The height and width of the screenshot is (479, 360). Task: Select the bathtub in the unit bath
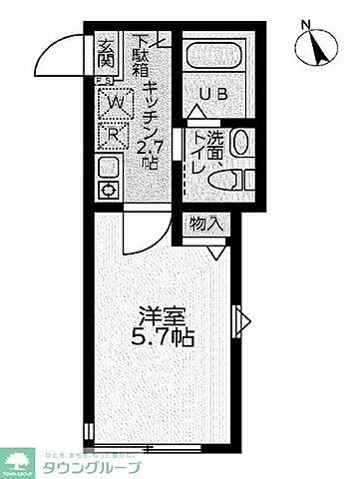[216, 55]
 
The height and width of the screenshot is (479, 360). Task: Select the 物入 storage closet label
[204, 226]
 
